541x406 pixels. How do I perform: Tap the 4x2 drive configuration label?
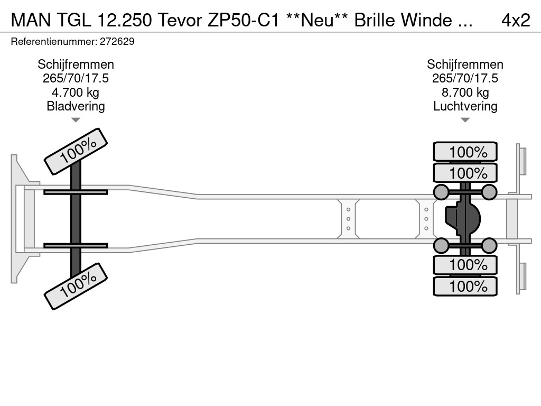515,20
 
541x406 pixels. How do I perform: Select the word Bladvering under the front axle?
76,106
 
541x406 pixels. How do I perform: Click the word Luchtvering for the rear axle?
465,106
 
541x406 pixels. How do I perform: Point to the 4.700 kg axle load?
76,93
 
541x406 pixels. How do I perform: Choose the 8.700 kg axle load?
465,93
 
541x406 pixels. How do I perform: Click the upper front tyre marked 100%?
76,151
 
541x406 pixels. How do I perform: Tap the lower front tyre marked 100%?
76,285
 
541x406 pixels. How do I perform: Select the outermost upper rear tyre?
465,152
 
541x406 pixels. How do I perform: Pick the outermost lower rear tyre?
465,287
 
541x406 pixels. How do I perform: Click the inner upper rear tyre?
465,173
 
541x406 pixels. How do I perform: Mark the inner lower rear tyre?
465,265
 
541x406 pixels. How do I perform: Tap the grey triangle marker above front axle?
76,120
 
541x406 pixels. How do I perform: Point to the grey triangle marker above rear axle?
465,120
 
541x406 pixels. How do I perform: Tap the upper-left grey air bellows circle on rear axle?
441,192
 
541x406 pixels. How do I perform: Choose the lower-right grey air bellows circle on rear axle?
489,245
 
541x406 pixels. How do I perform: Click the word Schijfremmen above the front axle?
76,64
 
